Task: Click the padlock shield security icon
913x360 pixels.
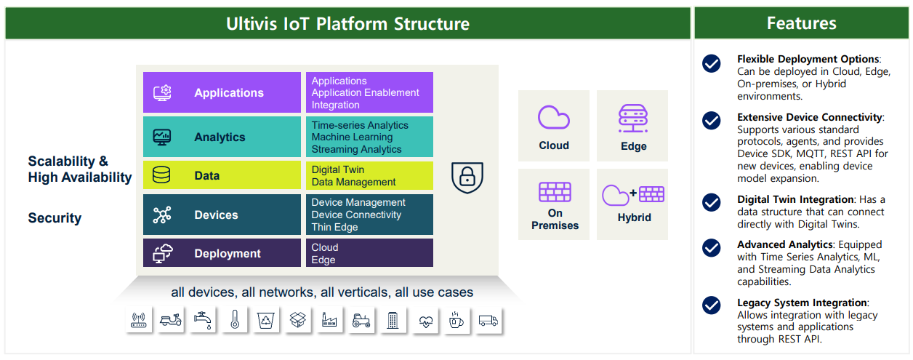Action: coord(467,177)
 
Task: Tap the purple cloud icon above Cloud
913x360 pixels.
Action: coord(553,117)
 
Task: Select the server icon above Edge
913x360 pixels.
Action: coord(633,119)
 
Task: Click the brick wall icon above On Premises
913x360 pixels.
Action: coord(555,192)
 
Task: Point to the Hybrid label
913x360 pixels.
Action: coord(634,217)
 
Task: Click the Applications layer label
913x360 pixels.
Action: coord(229,92)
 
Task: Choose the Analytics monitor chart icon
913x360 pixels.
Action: coord(162,137)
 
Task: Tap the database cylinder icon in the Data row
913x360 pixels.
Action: coord(161,175)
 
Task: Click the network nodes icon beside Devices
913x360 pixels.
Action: coord(162,215)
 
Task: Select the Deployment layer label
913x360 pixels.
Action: coord(228,253)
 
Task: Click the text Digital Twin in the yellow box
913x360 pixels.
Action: coord(338,169)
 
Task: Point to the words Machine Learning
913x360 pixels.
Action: coord(352,137)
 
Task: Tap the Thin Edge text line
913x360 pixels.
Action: coord(334,227)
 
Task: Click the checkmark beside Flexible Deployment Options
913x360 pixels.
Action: coord(711,63)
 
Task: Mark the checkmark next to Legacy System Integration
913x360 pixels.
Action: coord(711,305)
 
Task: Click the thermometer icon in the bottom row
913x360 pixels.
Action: coord(235,320)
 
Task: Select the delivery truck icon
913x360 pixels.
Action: coord(488,321)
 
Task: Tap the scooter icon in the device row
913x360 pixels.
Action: coord(171,320)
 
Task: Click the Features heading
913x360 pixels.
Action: coord(801,23)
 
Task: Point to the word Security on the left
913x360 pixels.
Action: coord(55,217)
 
